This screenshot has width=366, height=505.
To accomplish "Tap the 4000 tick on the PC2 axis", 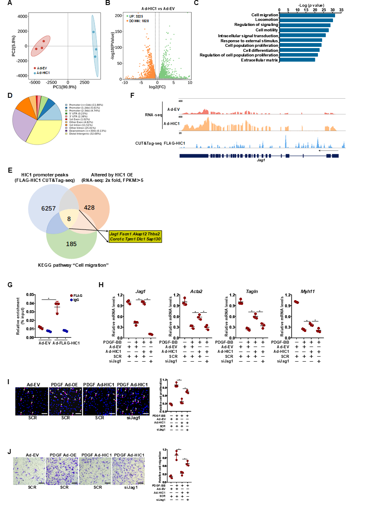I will tap(20, 16).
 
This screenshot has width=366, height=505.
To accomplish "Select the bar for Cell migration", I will tap(307, 15).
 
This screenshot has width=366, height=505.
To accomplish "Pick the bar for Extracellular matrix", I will tap(297, 60).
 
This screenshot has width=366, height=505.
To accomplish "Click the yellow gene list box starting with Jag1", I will tap(135, 236).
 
